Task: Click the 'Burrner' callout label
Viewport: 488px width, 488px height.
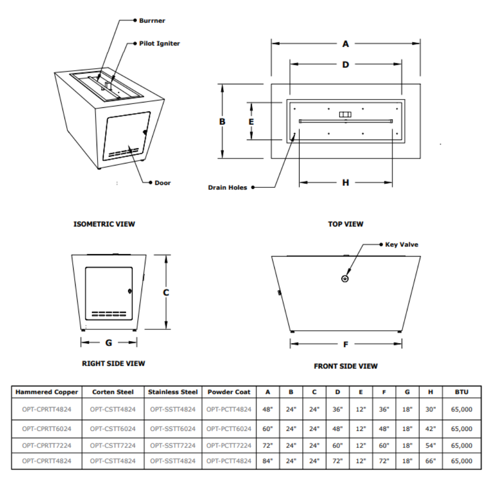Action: coord(152,21)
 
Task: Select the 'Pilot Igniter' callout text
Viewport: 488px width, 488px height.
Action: coord(160,43)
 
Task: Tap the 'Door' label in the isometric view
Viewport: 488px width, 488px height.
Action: coord(163,183)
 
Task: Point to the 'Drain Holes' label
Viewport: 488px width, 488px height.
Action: coord(227,187)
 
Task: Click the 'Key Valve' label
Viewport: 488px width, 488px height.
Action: coord(402,244)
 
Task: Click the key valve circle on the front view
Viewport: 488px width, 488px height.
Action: coord(345,279)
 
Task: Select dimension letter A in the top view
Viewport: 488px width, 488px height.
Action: coord(346,44)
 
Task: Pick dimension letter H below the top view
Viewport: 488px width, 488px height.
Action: coord(346,183)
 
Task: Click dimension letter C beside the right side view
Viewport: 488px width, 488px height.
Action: coord(166,293)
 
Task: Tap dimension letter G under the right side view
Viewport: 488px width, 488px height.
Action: coord(108,343)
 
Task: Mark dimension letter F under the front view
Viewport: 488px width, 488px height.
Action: coord(346,345)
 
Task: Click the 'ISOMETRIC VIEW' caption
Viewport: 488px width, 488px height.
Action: coord(104,224)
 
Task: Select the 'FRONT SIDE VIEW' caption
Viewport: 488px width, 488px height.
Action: coord(346,366)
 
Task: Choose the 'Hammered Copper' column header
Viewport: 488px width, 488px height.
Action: coord(47,392)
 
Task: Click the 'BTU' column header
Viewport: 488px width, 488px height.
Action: coord(461,392)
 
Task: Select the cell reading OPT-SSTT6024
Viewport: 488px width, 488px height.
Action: coord(173,429)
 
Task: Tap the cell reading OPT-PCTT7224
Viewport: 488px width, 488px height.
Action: coord(229,446)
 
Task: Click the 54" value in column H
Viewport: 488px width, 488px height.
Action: coord(430,446)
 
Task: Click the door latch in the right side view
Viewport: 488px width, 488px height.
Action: coord(130,291)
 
